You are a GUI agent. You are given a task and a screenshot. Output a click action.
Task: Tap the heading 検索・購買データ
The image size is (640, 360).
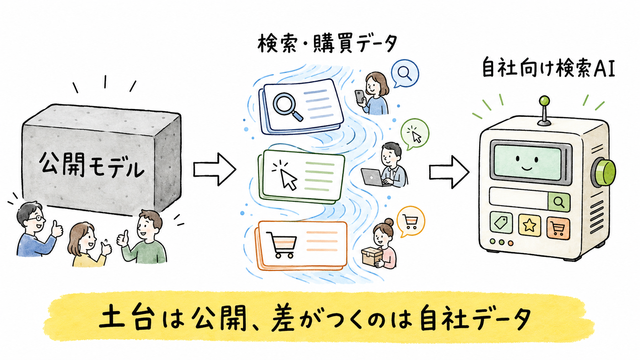327,44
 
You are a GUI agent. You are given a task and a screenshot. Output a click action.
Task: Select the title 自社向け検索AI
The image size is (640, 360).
549,67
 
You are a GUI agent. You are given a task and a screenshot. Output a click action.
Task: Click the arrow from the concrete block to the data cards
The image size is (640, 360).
215,169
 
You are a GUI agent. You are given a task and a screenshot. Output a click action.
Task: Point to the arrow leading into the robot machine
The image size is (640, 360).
449,172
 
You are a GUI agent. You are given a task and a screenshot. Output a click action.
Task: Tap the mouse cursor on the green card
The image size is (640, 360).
284,175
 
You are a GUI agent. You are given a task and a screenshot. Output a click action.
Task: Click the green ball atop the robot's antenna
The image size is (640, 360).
544,101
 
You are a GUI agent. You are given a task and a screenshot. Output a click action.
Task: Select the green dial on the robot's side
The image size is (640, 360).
604,173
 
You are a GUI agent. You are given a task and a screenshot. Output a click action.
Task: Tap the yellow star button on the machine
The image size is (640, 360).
529,225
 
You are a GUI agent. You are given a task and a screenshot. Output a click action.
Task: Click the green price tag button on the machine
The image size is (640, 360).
501,222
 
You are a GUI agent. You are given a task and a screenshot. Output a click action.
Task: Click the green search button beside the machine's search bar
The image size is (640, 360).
559,202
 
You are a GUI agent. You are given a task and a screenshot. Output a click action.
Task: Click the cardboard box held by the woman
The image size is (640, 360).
372,256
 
